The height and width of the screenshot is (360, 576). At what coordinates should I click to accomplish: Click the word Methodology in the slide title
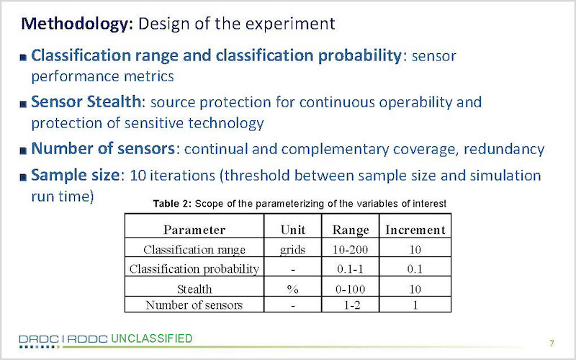coord(77,24)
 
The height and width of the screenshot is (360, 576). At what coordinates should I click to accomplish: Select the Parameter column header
coord(194,230)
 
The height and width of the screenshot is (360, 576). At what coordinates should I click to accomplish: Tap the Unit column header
coord(293,230)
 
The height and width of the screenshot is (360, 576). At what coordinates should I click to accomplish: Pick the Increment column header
coord(415,230)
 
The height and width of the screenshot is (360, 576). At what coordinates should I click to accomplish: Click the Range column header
coord(351,230)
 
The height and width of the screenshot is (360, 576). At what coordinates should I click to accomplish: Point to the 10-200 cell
coord(350,250)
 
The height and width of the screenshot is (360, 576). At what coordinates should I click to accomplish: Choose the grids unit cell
coord(292,250)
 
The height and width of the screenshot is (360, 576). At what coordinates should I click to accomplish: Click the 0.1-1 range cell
coord(350,269)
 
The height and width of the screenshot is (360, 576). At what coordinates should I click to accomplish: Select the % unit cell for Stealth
coord(292,289)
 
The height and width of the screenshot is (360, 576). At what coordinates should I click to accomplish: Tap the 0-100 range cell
coord(350,289)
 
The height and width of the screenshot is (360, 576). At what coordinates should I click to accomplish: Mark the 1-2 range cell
coord(351,305)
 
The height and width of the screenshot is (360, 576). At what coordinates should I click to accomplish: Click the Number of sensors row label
coord(194,305)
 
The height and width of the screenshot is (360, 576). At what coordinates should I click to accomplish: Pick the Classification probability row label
coord(194,269)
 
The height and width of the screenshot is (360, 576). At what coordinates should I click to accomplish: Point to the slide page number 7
coord(552,343)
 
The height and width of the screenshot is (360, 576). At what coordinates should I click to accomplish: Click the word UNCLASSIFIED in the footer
coord(151,338)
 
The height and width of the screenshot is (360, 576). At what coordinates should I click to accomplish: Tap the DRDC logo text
coord(39,339)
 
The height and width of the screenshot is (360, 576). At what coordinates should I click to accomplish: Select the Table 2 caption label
coord(172,204)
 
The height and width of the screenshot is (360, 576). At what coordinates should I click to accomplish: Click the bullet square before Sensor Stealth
coord(23,104)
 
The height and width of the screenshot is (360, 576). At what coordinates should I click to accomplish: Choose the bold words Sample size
coord(76,175)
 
